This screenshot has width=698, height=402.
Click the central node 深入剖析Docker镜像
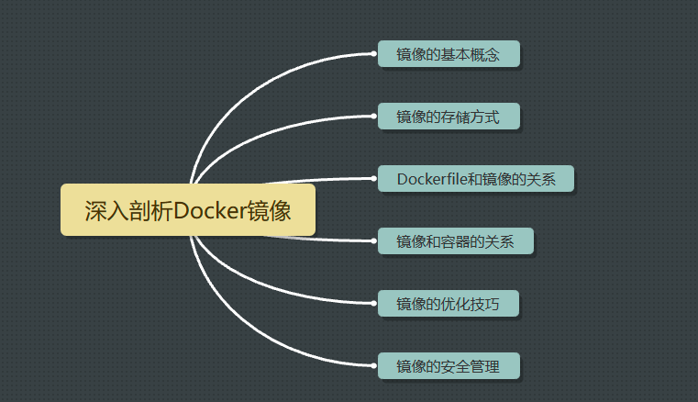click(x=188, y=210)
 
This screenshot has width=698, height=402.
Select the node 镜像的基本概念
click(x=449, y=54)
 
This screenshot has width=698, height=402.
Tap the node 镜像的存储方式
click(x=449, y=117)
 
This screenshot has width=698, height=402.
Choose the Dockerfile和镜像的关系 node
click(x=476, y=179)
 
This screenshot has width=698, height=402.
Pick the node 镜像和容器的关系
click(x=455, y=241)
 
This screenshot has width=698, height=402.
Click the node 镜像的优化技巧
click(x=449, y=303)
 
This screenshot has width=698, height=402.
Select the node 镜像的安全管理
click(x=449, y=365)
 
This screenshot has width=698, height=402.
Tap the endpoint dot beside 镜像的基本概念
click(x=374, y=54)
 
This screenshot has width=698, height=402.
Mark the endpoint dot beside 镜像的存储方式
click(x=374, y=117)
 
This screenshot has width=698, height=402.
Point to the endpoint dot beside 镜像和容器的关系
click(x=374, y=241)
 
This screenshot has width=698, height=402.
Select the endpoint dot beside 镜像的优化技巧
click(x=374, y=303)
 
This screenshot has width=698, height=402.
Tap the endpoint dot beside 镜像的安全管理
click(x=374, y=365)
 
